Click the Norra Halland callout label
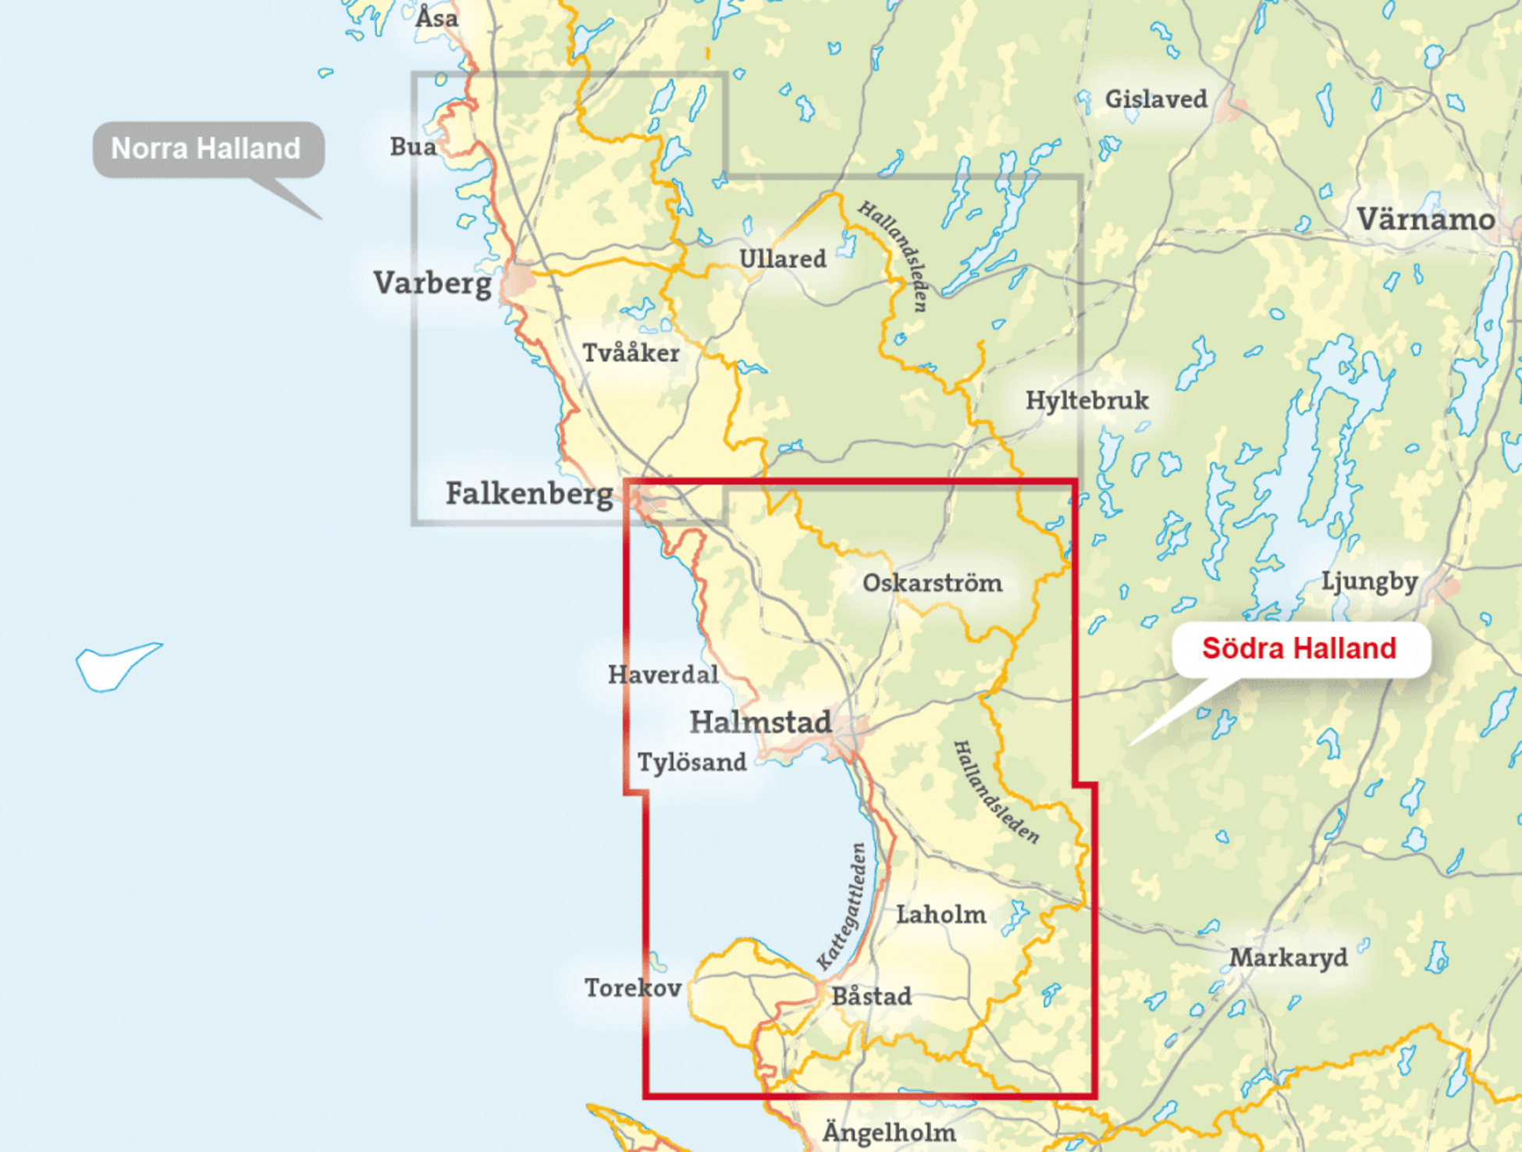[x=206, y=148]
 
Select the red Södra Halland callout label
[x=1299, y=648]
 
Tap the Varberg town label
[x=432, y=283]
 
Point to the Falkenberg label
[x=529, y=493]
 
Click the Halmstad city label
[x=760, y=722]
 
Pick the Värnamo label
[x=1425, y=219]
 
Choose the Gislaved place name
[x=1156, y=99]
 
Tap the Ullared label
[x=782, y=258]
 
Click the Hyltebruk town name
[x=1086, y=400]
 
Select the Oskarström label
[x=932, y=583]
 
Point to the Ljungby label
[x=1369, y=581]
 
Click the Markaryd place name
[x=1289, y=958]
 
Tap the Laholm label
[x=941, y=914]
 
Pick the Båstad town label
[x=871, y=996]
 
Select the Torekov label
[x=633, y=988]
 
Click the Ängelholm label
[x=889, y=1132]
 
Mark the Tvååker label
[x=631, y=353]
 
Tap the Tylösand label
[x=692, y=762]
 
